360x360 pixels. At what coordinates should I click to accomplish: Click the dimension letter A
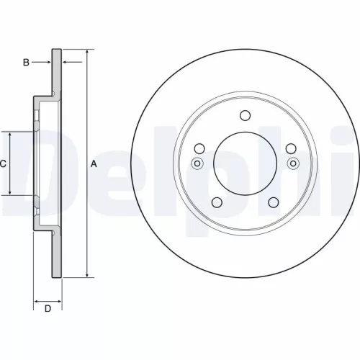point(94,164)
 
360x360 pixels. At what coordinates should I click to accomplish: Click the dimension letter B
point(26,63)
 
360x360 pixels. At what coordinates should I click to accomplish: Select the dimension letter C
point(4,164)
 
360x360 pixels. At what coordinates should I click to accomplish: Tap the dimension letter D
point(48,310)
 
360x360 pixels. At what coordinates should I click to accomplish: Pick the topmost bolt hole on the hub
point(244,115)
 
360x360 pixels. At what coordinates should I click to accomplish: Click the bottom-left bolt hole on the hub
point(215,202)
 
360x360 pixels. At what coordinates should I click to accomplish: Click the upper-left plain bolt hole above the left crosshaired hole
point(197,148)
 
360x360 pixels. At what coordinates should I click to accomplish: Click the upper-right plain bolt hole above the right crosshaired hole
point(291,148)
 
